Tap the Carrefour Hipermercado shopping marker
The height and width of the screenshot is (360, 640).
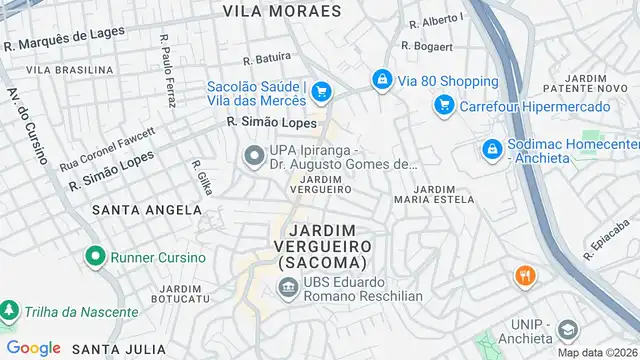tap(443, 105)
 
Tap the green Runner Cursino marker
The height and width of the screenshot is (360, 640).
tap(95, 256)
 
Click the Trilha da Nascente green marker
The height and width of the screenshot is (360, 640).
tap(8, 311)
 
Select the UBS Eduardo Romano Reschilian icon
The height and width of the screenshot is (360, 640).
tap(288, 288)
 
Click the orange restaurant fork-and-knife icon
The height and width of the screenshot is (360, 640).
tap(523, 275)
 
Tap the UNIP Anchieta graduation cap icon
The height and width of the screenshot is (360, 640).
tap(567, 331)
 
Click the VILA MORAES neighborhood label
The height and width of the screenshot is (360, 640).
tap(282, 11)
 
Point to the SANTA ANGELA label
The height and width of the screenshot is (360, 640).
tap(147, 210)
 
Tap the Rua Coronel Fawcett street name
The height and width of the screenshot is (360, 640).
tap(107, 148)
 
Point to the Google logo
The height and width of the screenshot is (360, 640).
tap(34, 347)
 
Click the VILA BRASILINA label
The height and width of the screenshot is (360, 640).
tap(70, 70)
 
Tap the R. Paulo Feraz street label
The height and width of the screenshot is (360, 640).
tap(167, 70)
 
